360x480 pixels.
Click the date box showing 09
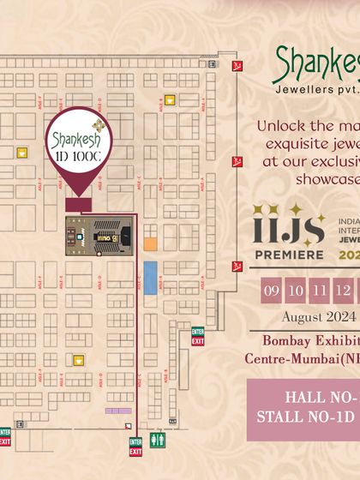point(272,290)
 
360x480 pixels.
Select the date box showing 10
point(296,290)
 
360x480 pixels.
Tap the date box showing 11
point(320,290)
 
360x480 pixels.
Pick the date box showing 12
point(343,290)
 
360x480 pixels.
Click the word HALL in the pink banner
point(305,399)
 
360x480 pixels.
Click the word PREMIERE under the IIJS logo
point(287,254)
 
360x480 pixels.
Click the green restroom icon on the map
point(158,440)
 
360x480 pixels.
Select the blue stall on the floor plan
point(150,276)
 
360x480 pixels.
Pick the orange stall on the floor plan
point(150,244)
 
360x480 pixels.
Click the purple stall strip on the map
point(117,411)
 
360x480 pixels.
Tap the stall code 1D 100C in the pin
point(79,157)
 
